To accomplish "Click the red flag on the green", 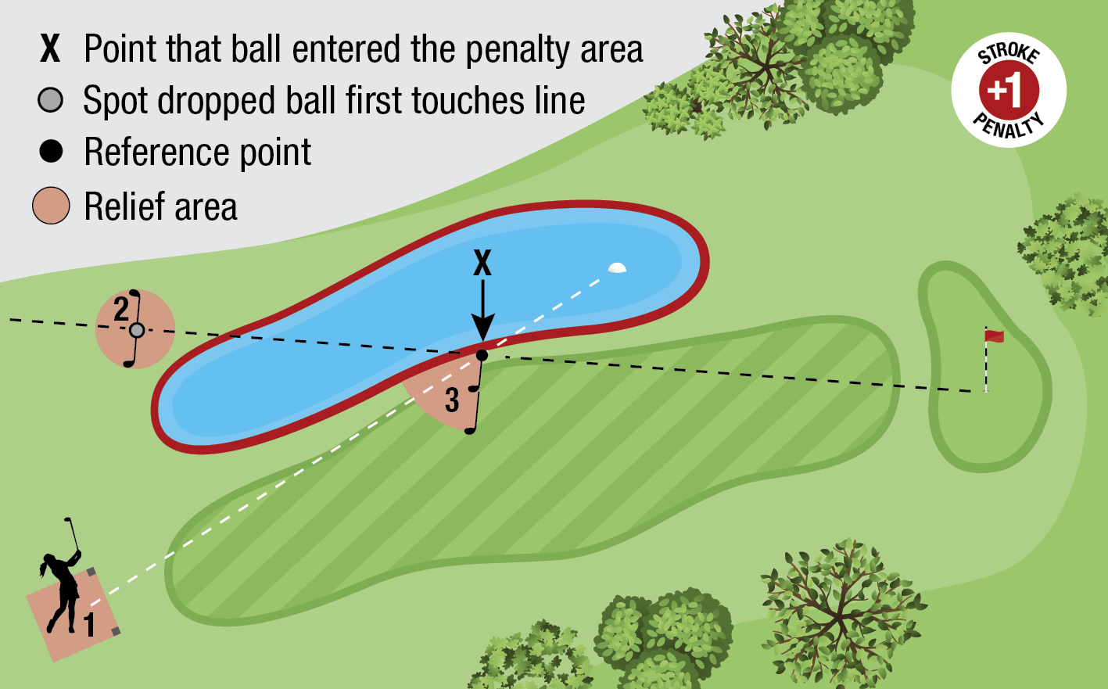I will pos(994,336).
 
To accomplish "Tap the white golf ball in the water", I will pos(617,268).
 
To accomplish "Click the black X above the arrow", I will pos(482,264).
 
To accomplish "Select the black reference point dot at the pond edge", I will pos(482,356).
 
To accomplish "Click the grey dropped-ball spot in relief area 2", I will pos(137,330).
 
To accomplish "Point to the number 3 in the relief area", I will pos(452,400).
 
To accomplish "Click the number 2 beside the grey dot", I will pos(120,310).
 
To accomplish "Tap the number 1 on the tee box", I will pos(90,624).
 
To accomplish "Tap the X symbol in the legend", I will pos(50,48).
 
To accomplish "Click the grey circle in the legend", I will pos(51,100).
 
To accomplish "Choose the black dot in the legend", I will pos(51,152).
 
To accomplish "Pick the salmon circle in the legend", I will pos(51,206).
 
